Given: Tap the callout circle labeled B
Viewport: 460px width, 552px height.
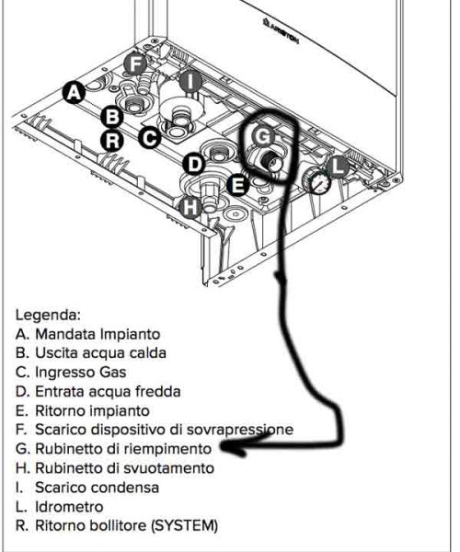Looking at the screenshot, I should (x=111, y=117).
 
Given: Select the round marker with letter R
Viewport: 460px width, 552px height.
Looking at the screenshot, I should (x=111, y=141).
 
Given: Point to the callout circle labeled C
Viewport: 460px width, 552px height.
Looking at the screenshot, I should (x=150, y=138).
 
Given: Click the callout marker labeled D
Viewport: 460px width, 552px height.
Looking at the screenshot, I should (x=194, y=164).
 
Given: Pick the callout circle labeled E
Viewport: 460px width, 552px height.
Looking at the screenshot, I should (x=236, y=185).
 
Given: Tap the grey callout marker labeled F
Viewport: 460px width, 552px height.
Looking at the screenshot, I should (x=135, y=63).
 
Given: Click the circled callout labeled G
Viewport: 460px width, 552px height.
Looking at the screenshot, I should (x=263, y=136).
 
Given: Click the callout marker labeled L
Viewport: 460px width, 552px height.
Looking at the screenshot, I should (x=338, y=167).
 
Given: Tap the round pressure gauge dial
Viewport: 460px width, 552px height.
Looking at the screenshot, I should (x=317, y=181).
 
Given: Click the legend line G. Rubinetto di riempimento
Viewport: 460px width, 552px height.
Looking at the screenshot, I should (x=115, y=449).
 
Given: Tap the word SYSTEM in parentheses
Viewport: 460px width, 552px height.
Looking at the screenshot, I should (x=182, y=525).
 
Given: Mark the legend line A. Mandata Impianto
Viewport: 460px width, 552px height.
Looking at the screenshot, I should (x=87, y=333).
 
